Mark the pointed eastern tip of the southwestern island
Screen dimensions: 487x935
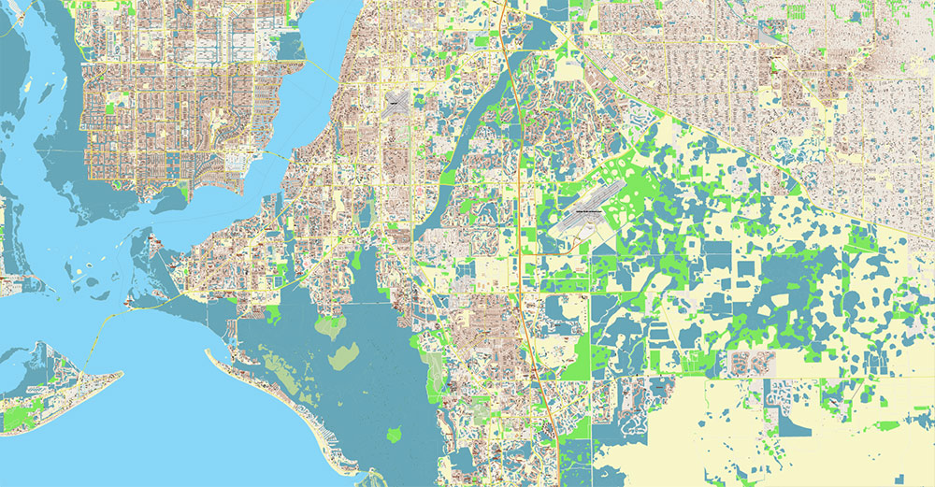(x=121, y=375)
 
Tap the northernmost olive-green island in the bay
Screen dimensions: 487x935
(x=329, y=326)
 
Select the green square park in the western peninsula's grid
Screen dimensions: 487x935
(x=112, y=107)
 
